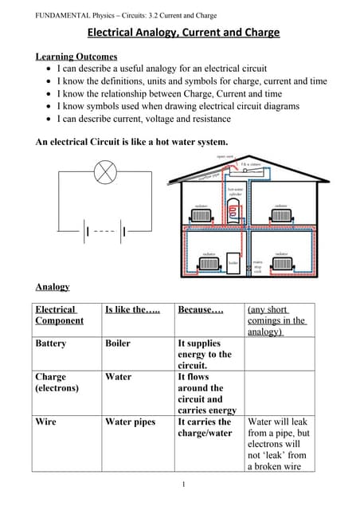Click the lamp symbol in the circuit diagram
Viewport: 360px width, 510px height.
coord(106,171)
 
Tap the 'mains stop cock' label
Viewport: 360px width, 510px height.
coord(257,266)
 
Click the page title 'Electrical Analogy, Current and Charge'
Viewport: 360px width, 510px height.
coord(183,33)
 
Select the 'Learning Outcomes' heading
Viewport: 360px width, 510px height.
coord(76,57)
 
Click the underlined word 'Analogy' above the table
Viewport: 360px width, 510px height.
coord(53,286)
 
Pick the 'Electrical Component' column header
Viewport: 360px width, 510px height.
coord(59,315)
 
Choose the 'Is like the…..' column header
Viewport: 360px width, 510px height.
coord(132,309)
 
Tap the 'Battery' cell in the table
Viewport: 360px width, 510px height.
coord(51,343)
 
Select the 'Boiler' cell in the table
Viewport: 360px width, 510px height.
coord(118,343)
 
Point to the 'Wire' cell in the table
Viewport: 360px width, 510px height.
coord(45,422)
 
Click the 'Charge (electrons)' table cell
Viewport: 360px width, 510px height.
coord(57,382)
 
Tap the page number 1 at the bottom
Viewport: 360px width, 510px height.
coord(182,484)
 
